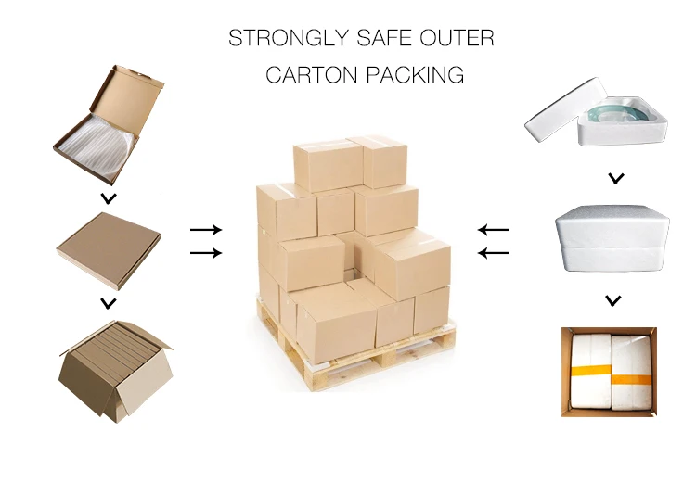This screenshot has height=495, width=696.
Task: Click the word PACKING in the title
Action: click(x=415, y=75)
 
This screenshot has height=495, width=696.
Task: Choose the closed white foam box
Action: click(x=612, y=238)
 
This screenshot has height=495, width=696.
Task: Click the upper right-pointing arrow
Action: click(x=205, y=229)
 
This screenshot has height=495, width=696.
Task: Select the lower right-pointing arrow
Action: click(x=205, y=252)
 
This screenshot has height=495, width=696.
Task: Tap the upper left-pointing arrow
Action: click(x=494, y=229)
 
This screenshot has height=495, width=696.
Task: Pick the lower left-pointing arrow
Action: click(x=494, y=252)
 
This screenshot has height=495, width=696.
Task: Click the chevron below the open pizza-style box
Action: click(x=109, y=198)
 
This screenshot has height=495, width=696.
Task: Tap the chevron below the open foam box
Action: click(x=614, y=178)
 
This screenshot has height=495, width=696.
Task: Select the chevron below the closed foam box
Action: click(x=612, y=299)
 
